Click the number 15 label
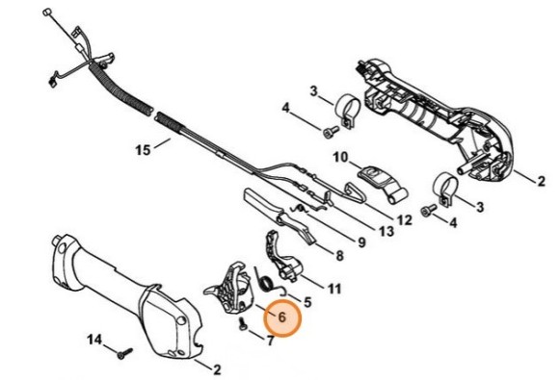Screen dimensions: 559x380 pyautogui.click(x=143, y=149)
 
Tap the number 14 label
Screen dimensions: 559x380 pyautogui.click(x=94, y=340)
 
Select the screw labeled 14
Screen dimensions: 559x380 pyautogui.click(x=124, y=353)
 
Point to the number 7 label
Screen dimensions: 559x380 pyautogui.click(x=271, y=341)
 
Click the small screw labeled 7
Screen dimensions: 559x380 pyautogui.click(x=242, y=324)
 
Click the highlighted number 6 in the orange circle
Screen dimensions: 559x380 pyautogui.click(x=281, y=317)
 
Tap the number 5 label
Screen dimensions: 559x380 pyautogui.click(x=307, y=302)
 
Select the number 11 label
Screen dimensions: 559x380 pyautogui.click(x=334, y=289)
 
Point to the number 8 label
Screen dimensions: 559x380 pyautogui.click(x=339, y=255)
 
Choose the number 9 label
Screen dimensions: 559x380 pyautogui.click(x=361, y=242)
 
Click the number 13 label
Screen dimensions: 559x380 pyautogui.click(x=386, y=231)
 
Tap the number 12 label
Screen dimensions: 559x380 pyautogui.click(x=404, y=220)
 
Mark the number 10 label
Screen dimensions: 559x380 pyautogui.click(x=340, y=157)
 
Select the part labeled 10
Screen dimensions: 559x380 pyautogui.click(x=381, y=185)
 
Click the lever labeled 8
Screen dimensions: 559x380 pyautogui.click(x=279, y=214)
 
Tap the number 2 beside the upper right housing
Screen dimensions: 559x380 pyautogui.click(x=541, y=181)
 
